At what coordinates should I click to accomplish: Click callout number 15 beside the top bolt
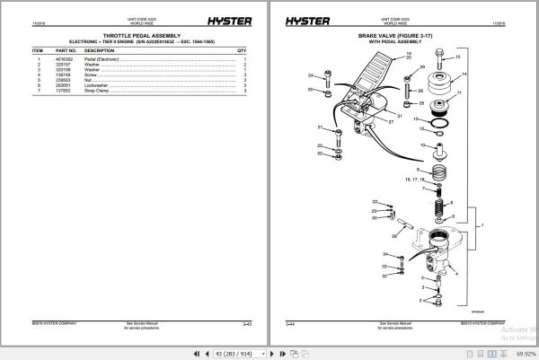pos(459,57)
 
